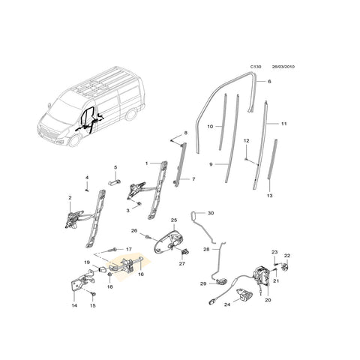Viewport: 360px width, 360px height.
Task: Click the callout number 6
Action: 268,80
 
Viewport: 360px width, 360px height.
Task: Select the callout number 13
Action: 269,195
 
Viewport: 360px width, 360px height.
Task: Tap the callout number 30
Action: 210,214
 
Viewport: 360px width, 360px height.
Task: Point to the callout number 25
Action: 172,220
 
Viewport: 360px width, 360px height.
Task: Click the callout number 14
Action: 74,305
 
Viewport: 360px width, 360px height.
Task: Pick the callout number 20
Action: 268,300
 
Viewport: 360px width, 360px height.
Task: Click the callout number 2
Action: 70,199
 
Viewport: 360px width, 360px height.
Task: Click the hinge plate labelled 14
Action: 77,286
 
